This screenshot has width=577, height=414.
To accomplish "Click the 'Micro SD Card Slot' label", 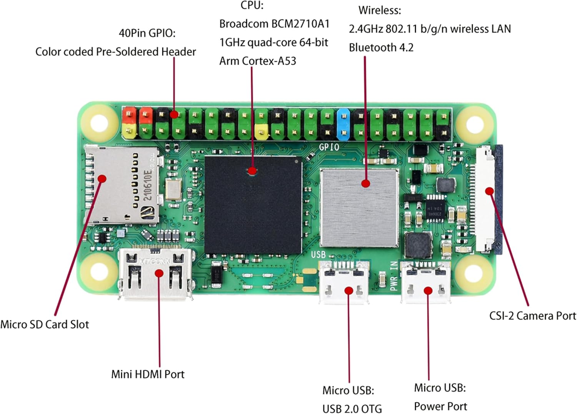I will [45, 324].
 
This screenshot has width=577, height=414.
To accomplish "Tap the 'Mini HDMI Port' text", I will [148, 374].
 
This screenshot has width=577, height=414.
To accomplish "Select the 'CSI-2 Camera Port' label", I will [532, 316].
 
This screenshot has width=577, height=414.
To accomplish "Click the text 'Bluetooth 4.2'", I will [381, 48].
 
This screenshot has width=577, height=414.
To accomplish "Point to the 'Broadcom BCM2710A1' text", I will [274, 24].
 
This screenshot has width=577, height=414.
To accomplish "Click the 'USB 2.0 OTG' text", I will [352, 408].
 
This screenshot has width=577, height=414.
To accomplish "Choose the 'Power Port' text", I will [440, 406].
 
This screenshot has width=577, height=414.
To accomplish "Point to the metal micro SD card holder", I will [121, 185].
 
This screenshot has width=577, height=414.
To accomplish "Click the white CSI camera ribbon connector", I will [485, 200].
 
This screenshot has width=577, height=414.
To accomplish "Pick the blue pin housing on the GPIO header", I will [343, 124].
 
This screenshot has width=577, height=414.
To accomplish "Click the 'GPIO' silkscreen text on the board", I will [329, 147].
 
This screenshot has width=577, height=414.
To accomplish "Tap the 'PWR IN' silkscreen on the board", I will [394, 276].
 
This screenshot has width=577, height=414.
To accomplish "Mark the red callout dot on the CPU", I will [252, 170].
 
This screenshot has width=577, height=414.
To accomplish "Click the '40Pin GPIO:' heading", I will [147, 33].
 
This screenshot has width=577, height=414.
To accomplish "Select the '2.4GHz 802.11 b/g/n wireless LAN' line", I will [430, 29].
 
